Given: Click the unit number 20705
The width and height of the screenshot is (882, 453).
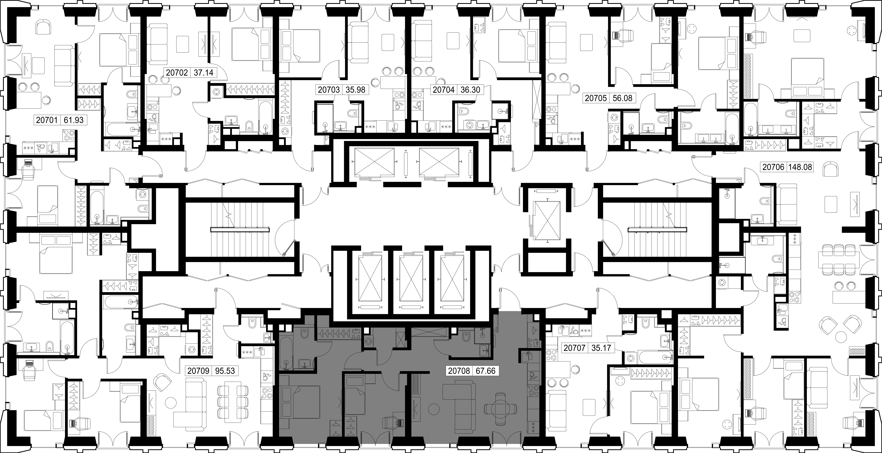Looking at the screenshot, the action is (x=596, y=98).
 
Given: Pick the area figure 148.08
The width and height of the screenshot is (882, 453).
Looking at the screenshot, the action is (x=800, y=167).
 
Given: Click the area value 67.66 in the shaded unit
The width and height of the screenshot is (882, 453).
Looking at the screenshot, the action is (x=486, y=371).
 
